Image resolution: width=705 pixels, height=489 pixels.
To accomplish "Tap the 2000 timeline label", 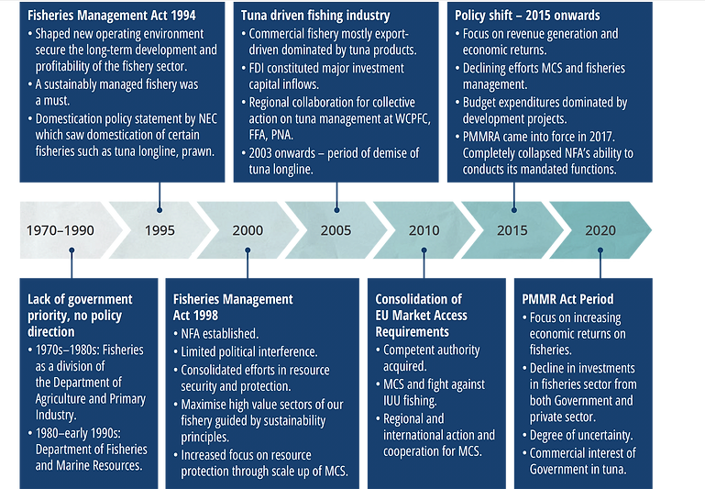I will coord(248,229).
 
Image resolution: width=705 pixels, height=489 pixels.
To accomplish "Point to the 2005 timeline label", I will coord(336,229).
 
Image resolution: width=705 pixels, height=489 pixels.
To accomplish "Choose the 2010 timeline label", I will coord(424,229).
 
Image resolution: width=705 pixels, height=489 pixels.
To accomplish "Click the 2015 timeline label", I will coord(512,229).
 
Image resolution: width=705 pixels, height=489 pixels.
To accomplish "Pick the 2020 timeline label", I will coord(600,229).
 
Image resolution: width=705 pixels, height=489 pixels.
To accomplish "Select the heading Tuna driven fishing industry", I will coord(314,16).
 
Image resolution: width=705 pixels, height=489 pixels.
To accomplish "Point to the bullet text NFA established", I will coord(220,334).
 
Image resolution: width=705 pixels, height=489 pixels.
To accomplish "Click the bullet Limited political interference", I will coord(248,351).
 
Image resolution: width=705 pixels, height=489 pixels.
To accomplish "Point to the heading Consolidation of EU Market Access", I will coord(421,307).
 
